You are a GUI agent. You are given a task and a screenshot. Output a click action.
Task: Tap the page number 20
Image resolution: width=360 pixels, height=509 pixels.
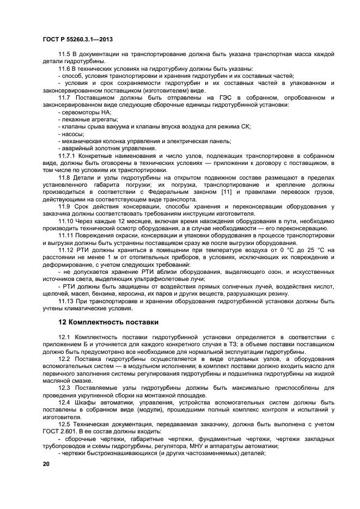[x=46, y=463]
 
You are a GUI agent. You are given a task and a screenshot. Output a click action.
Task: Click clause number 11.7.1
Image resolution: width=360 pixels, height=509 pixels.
[x=68, y=156]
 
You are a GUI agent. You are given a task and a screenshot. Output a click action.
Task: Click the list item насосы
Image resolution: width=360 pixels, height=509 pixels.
[x=72, y=134]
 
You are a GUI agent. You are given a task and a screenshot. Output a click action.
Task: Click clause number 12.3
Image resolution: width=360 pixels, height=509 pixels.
[x=65, y=387]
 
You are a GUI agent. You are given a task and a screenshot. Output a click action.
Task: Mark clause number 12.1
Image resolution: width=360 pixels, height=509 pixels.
[x=65, y=338]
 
